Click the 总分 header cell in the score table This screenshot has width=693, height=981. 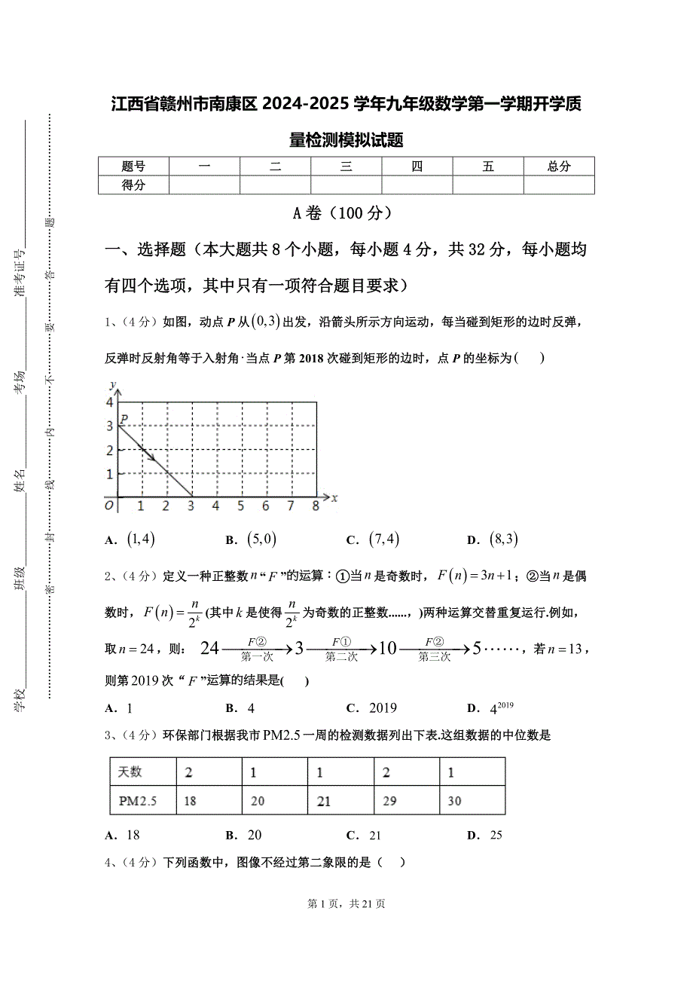coord(559,167)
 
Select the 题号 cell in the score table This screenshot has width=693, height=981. coord(133,167)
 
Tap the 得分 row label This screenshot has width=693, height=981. coord(133,185)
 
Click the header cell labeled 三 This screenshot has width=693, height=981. coord(346,167)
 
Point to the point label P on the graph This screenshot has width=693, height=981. coord(124,418)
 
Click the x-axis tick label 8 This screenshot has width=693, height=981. coord(316,506)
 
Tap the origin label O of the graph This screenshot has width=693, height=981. coord(109,506)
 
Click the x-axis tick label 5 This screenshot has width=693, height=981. coord(240,506)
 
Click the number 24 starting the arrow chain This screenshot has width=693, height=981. coord(210,648)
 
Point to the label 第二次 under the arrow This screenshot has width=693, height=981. coord(341,657)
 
